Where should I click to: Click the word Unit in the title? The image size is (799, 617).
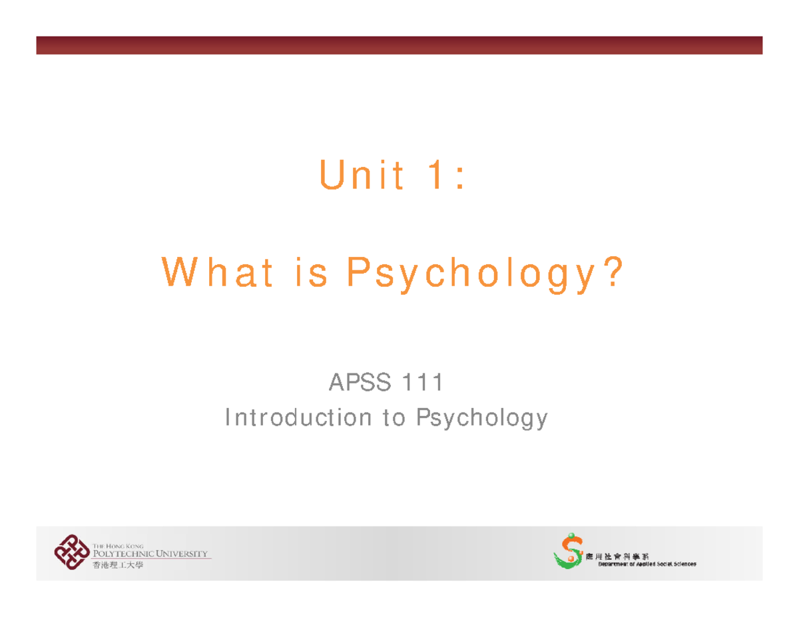pos(362,176)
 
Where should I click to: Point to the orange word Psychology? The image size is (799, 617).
pos(468,274)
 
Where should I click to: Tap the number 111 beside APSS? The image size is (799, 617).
pos(421,383)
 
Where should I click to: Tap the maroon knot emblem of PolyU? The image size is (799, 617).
pos(72,552)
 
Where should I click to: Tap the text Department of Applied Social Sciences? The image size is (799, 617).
pos(647,564)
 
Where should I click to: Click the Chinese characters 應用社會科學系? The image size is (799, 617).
pos(624,556)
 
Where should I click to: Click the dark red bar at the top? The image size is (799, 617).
pos(399,45)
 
